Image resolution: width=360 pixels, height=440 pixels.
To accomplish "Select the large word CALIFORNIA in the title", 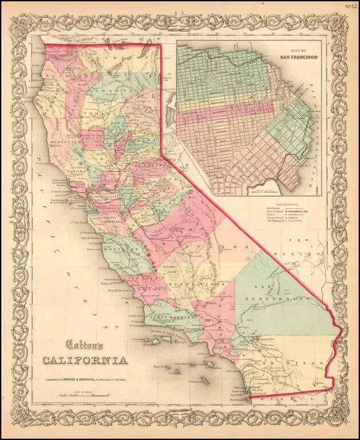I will point(84,360).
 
